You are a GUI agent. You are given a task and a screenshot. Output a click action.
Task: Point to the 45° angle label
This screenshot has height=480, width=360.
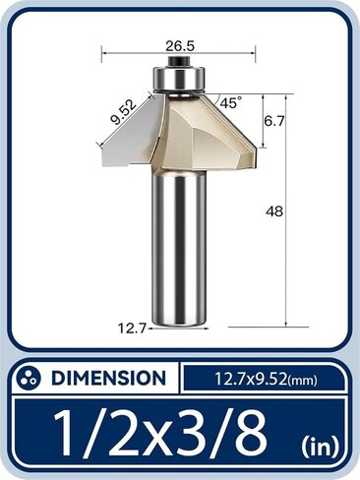pyautogui.click(x=231, y=102)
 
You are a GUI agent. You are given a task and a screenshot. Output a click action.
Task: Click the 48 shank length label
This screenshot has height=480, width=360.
pyautogui.click(x=274, y=210)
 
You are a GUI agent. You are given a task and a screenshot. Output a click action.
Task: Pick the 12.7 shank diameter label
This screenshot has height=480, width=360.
pyautogui.click(x=130, y=330)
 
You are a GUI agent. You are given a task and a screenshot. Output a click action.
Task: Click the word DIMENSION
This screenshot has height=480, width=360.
pyautogui.click(x=107, y=378)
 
